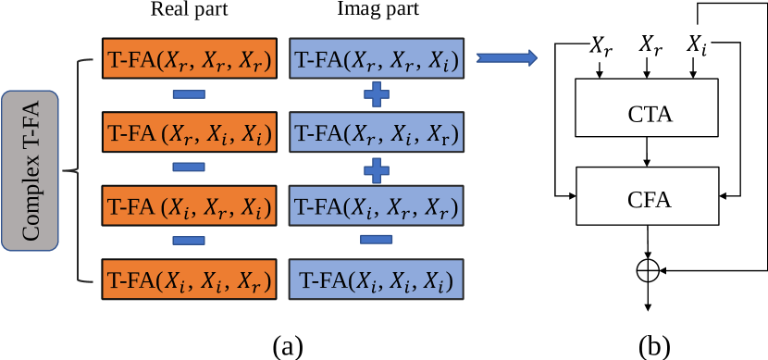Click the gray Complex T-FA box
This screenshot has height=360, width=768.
point(31,170)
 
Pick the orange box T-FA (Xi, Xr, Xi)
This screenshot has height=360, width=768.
point(188,204)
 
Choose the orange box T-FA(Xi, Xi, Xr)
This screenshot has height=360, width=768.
point(188,277)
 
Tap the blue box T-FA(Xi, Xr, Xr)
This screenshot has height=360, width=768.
point(375,204)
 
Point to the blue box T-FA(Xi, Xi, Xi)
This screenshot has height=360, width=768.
point(375,277)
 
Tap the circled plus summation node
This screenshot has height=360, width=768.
point(649,270)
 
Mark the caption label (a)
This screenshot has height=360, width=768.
point(287,346)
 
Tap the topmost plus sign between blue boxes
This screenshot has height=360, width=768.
point(375,94)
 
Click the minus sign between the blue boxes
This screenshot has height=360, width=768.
point(375,240)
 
